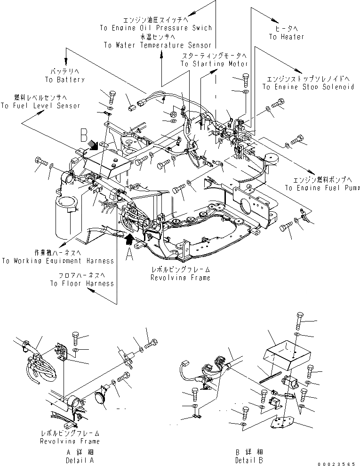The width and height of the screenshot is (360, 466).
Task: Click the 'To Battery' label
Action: pos(65,80)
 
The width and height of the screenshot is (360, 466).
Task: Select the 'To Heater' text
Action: pos(286,36)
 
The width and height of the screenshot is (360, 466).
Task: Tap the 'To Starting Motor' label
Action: pos(214,64)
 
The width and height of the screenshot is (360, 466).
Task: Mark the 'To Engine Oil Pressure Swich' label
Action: pos(156,28)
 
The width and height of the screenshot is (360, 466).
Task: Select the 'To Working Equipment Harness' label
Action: pos(58,260)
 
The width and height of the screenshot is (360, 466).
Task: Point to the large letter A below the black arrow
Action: pos(129,254)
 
